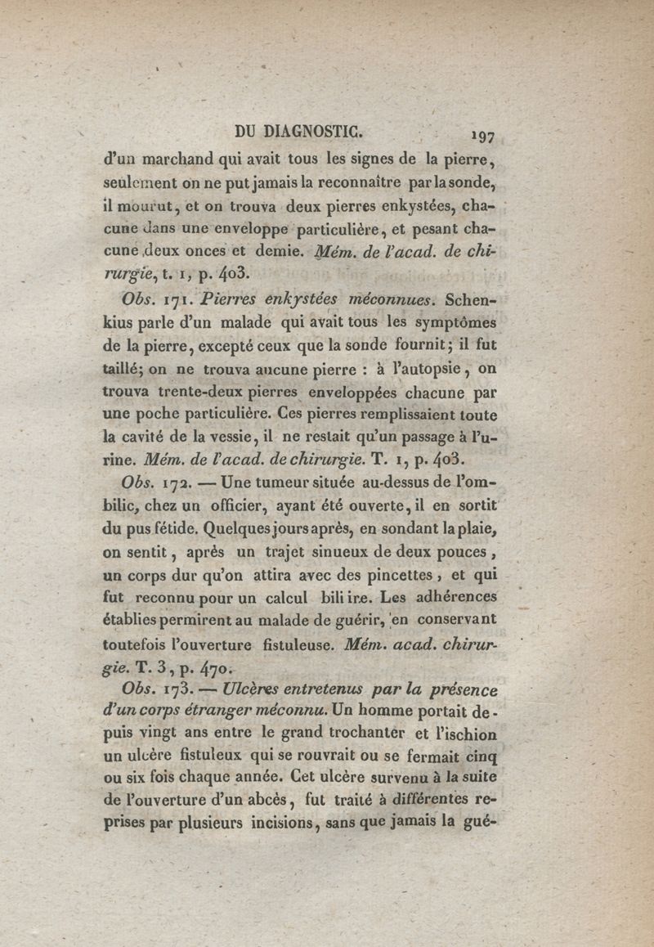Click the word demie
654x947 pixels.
[283, 249]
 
